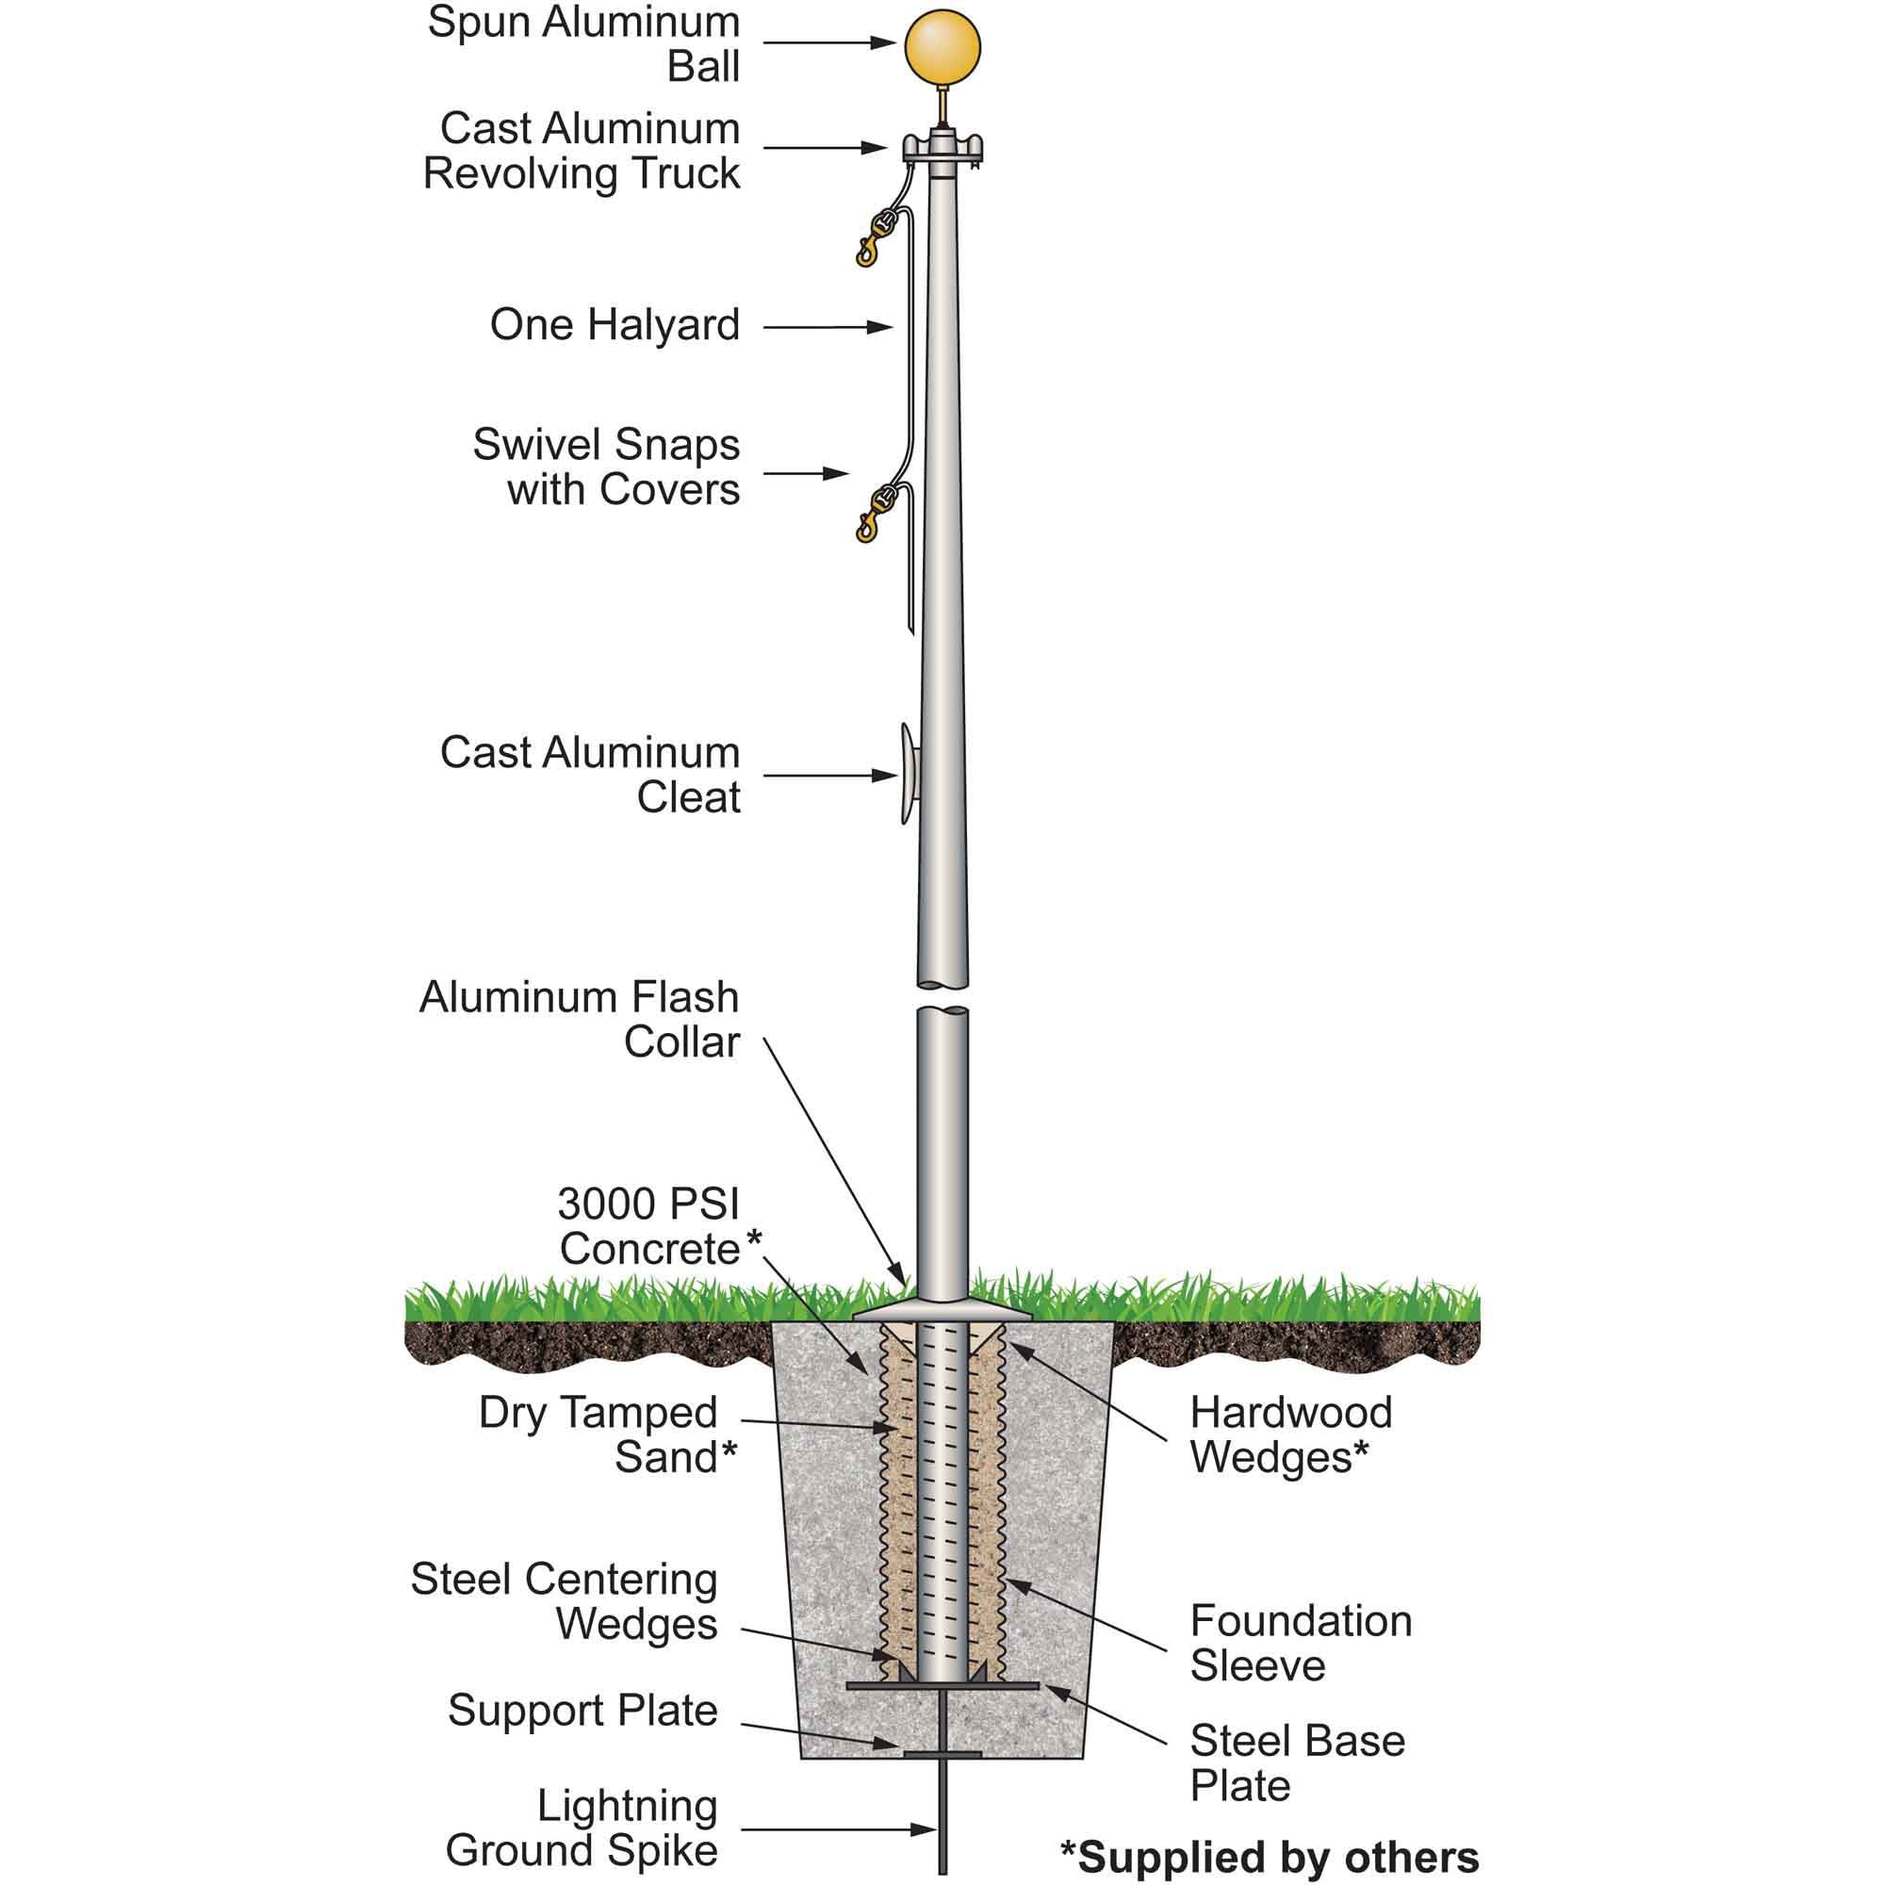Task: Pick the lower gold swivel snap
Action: (x=872, y=512)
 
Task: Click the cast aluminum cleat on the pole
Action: (x=909, y=774)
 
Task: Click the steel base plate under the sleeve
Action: (x=942, y=1686)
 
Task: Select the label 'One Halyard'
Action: (x=615, y=325)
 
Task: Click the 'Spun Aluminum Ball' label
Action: (x=583, y=44)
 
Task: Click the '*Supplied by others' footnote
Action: (x=1270, y=1857)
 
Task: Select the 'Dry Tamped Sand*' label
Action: (x=607, y=1434)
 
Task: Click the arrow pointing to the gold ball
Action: (x=829, y=43)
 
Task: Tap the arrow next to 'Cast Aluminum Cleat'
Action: (x=829, y=776)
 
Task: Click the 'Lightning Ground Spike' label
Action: (x=582, y=1828)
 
